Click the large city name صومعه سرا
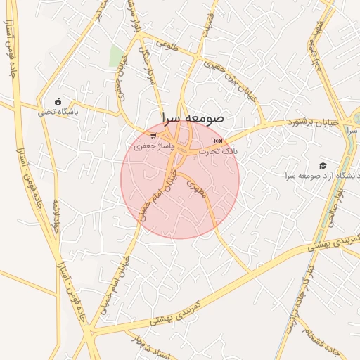pos(191,117)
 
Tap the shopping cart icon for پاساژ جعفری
pos(153,135)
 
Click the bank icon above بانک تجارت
pos(218,141)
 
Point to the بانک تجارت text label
pos(218,151)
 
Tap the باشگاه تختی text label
pos(58,111)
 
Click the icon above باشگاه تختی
pos(58,101)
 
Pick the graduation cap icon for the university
pos(323,165)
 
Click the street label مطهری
pos(196,187)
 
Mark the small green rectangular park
pos(116,56)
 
